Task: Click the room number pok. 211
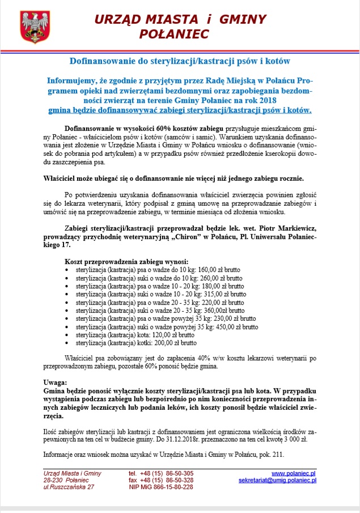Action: (265, 455)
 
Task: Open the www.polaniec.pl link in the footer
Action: (294, 473)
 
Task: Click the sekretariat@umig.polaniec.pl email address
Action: (277, 480)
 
